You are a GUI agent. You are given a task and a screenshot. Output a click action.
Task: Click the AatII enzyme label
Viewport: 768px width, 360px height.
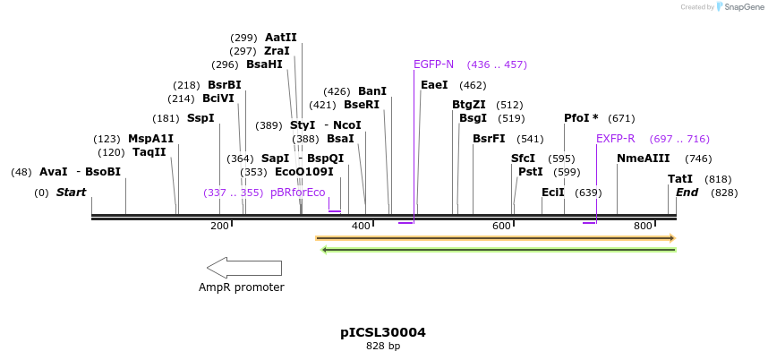point(280,38)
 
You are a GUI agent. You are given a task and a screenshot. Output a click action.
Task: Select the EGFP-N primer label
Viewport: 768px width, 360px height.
point(433,64)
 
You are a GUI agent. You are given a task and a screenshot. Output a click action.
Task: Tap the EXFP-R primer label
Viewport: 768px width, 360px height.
point(615,139)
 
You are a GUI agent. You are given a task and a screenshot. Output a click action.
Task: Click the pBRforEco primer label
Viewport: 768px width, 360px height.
point(298,193)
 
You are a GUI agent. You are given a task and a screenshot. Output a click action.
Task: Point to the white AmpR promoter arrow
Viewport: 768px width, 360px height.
point(243,268)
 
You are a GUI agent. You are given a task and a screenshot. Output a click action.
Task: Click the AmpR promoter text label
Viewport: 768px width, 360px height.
point(242,287)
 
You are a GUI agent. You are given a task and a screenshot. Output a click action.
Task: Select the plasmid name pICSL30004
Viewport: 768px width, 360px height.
point(383,332)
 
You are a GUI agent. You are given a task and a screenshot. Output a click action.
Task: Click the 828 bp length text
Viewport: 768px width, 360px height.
point(383,346)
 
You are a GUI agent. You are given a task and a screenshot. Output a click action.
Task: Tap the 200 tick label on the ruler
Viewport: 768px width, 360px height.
point(219,227)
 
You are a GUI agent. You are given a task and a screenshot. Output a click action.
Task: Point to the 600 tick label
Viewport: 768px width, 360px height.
point(501,227)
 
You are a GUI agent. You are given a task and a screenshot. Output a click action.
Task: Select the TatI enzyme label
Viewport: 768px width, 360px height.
point(680,179)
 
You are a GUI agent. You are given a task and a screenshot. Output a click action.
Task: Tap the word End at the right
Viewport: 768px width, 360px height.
point(687,193)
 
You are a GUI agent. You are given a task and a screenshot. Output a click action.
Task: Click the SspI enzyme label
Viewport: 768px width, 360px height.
point(201,118)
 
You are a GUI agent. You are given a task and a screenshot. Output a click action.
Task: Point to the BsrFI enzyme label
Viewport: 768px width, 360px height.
point(489,139)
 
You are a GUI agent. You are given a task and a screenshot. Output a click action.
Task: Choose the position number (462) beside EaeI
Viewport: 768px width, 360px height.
point(473,85)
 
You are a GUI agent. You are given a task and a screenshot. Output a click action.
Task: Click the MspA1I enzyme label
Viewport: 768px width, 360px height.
point(150,139)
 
